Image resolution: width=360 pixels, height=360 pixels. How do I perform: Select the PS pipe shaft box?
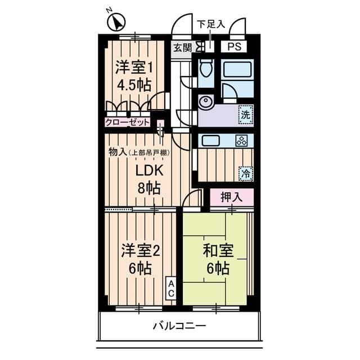point(235,47)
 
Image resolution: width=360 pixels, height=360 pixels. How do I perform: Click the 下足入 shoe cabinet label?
point(210,24)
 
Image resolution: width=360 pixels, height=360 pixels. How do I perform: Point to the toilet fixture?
point(206,70)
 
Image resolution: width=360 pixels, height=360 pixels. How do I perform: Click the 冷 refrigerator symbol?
point(245,174)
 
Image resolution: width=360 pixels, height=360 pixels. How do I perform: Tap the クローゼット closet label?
point(128,122)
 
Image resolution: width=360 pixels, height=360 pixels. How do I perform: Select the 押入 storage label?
point(231,197)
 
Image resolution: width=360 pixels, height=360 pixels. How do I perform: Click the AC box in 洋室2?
point(171,289)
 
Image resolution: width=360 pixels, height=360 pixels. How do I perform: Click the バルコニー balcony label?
point(179,326)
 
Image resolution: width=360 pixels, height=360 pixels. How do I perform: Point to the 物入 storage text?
point(117,152)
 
